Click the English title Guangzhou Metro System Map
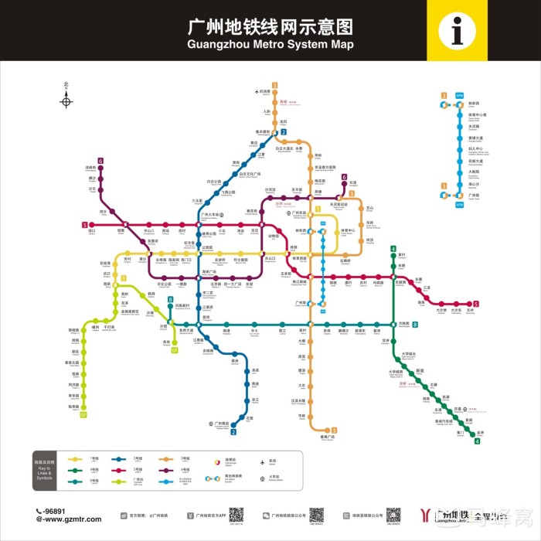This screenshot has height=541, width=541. click(270, 44)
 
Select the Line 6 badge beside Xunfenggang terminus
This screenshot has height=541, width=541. click(100, 160)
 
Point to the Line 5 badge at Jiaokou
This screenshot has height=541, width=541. click(84, 225)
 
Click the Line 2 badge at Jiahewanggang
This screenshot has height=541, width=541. click(284, 132)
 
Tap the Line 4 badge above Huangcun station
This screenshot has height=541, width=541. click(393, 249)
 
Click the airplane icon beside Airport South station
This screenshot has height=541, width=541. click(256, 92)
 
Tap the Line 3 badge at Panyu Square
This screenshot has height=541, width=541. click(334, 430)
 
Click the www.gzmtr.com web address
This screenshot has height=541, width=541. click(70, 519)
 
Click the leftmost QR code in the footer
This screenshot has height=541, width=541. click(236, 514)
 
